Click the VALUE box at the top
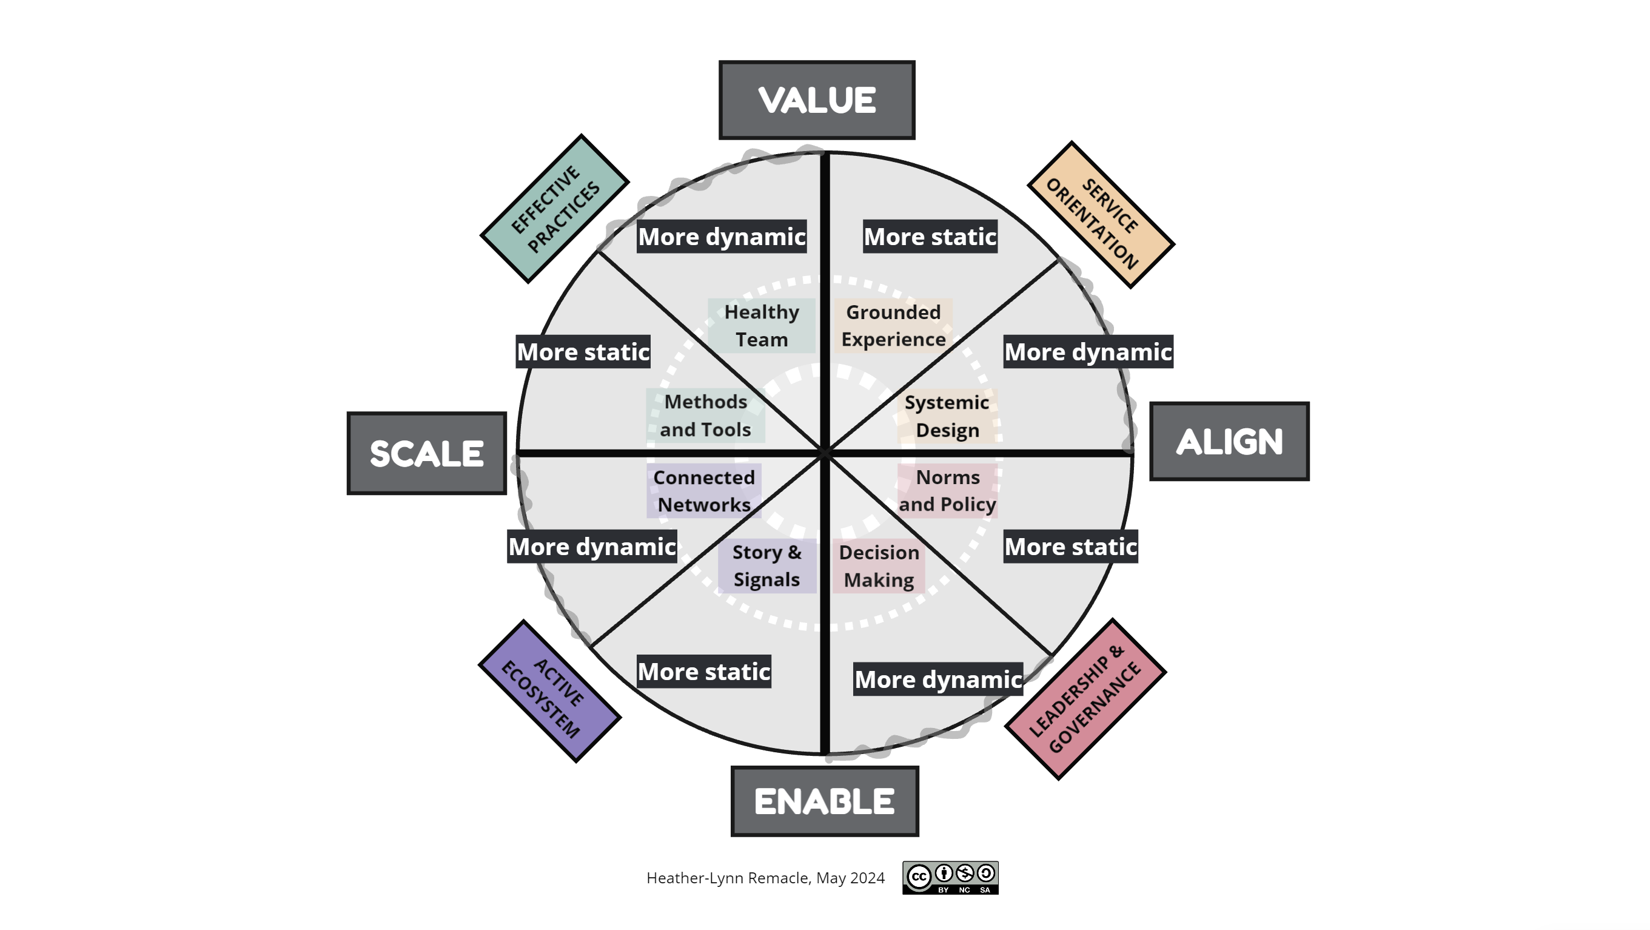817,100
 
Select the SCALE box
426,453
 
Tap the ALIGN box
1229,441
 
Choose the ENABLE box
824,801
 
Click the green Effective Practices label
555,209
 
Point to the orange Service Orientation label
1101,215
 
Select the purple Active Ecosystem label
549,691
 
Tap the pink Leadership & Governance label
1085,699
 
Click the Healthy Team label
762,326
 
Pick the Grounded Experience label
894,326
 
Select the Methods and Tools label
705,416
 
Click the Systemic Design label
947,416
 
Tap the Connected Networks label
704,491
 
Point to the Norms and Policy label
947,491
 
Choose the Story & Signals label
766,566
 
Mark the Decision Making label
879,566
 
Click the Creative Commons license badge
951,877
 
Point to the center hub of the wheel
825,453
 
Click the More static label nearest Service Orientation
930,237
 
